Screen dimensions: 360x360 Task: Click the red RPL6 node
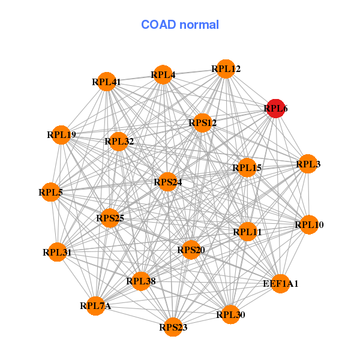pos(275,109)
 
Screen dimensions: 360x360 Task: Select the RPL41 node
pos(106,82)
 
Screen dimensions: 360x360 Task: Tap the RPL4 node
pos(163,75)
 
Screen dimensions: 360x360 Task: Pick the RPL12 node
pos(226,69)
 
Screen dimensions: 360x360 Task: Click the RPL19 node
pos(61,135)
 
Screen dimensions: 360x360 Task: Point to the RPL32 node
pos(119,142)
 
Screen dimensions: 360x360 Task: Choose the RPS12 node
pos(203,123)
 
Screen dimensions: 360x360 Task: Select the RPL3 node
pos(308,164)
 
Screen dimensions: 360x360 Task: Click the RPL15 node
pos(247,168)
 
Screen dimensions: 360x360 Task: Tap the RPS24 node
pos(167,182)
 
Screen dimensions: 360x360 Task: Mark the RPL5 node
pos(50,193)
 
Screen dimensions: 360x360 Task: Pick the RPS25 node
pos(110,218)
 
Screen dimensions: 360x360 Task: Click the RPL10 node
pos(309,225)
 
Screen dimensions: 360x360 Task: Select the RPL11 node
pos(248,232)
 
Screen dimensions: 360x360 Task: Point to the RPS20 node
pos(191,250)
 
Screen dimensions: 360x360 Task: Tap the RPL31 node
pos(57,253)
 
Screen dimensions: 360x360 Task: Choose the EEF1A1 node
pos(280,283)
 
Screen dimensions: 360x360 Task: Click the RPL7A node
pos(96,306)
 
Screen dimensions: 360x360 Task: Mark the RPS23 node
pos(173,327)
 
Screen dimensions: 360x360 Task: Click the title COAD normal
pos(180,25)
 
